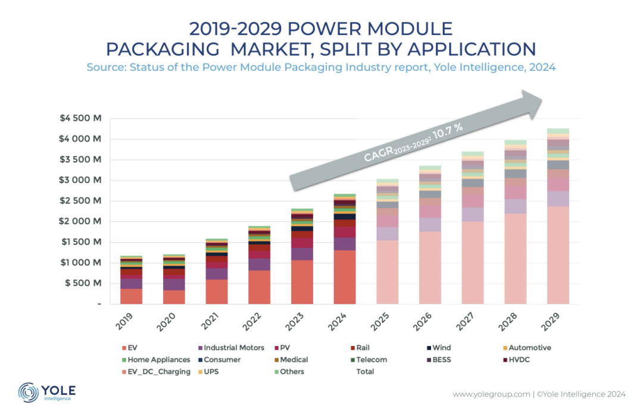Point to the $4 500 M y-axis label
click(80, 118)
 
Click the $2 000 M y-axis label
click(80, 221)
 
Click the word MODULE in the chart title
click(408, 29)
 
